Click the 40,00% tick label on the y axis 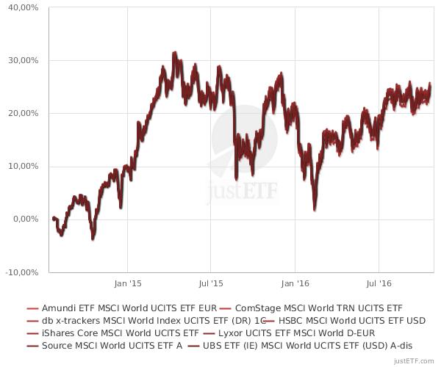click(x=24, y=7)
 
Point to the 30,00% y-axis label click(x=24, y=60)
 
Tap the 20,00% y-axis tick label click(x=24, y=113)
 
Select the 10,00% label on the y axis click(x=24, y=166)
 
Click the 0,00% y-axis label click(x=26, y=219)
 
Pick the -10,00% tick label click(x=22, y=272)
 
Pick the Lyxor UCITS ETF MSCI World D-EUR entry click(x=302, y=333)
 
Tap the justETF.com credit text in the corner click(x=414, y=360)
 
